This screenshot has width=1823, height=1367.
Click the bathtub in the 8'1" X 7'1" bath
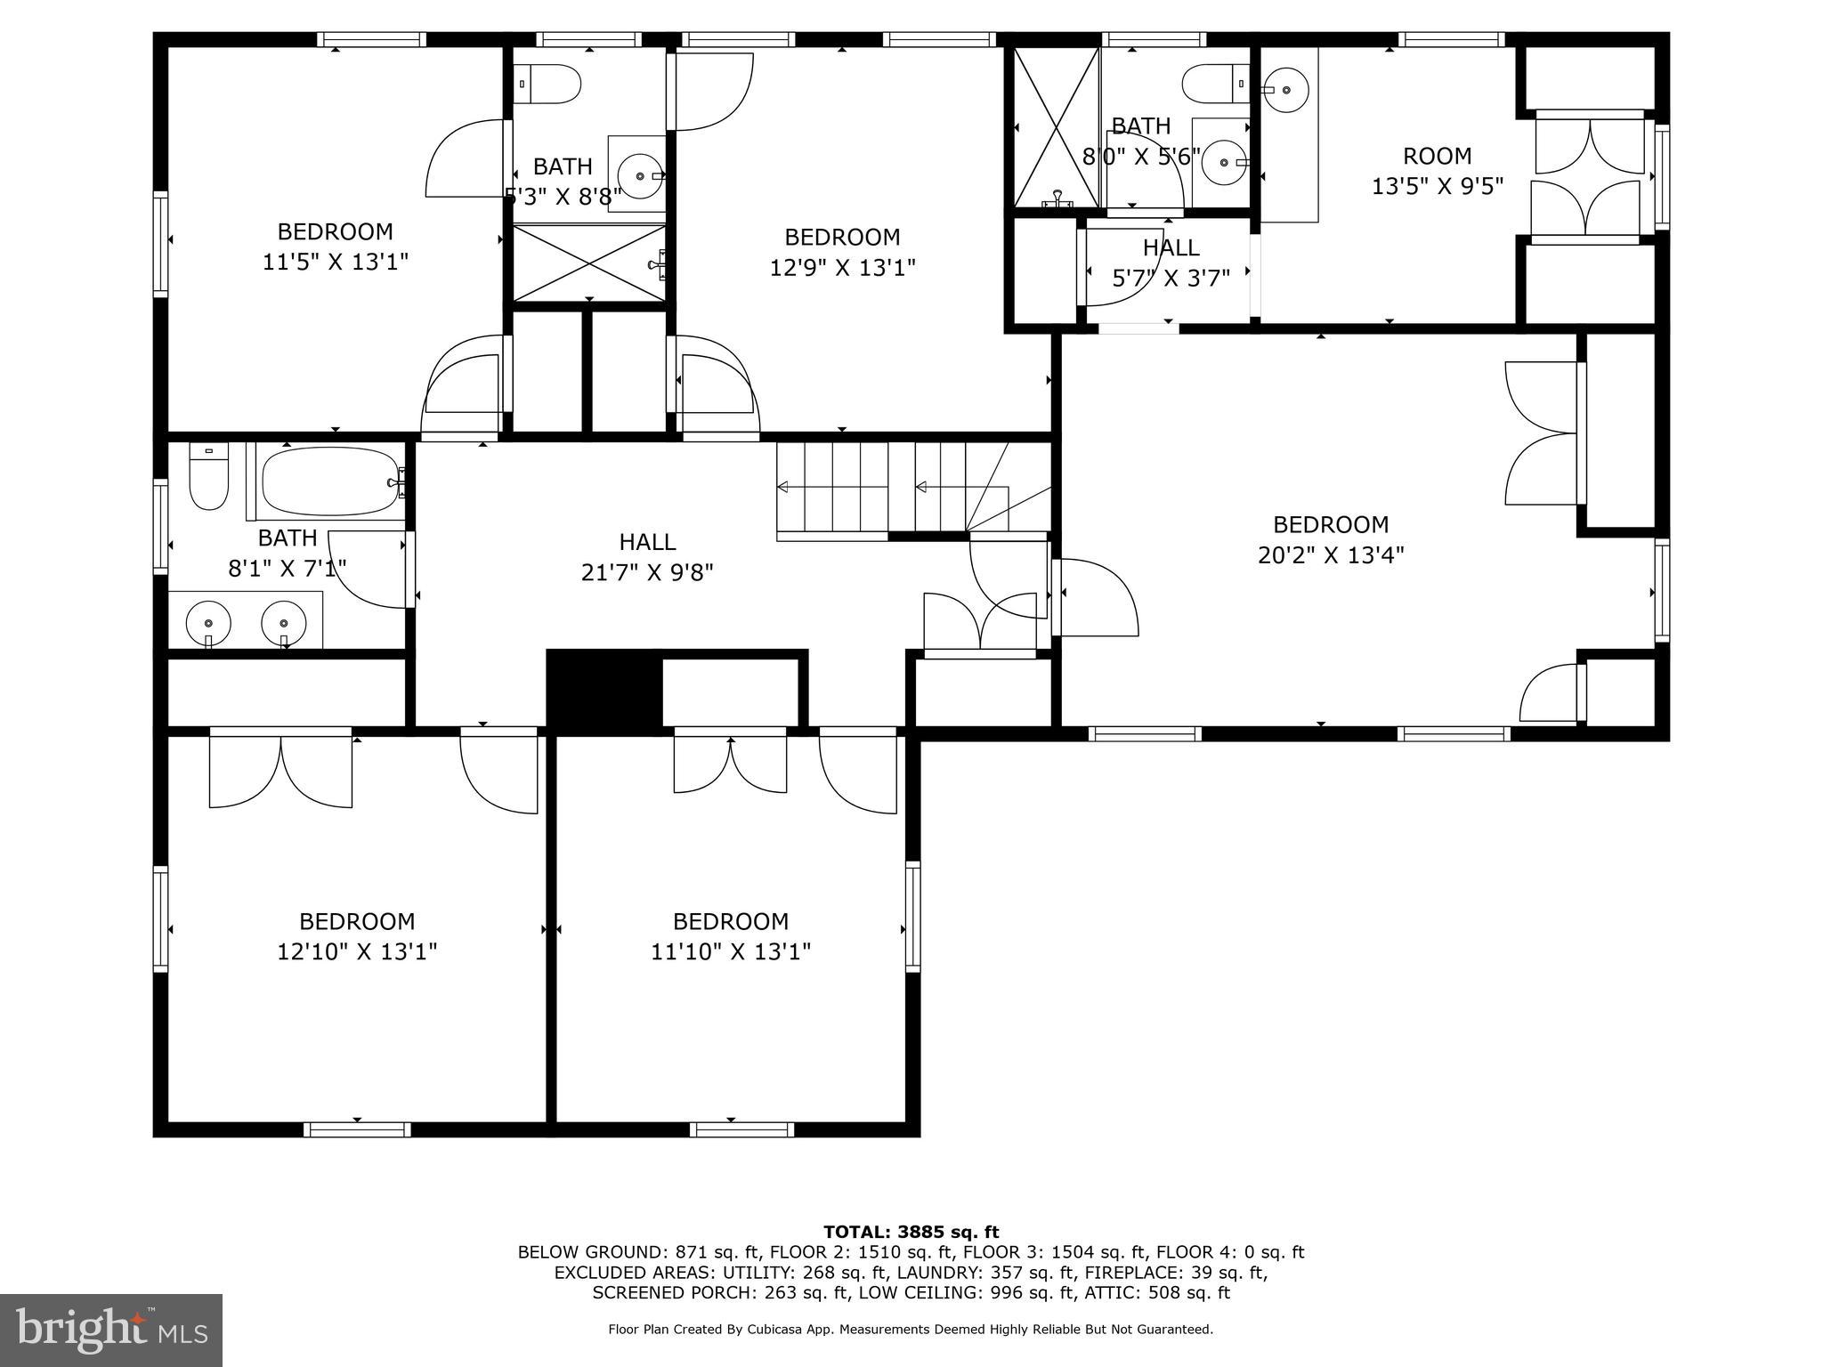click(x=330, y=481)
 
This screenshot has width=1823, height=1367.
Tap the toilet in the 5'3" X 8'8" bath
click(x=548, y=85)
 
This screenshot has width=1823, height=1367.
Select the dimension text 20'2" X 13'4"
click(x=1331, y=555)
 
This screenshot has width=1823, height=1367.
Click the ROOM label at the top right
click(x=1437, y=157)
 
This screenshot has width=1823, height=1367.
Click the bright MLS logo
click(x=111, y=1330)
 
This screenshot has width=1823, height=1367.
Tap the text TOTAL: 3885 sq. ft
click(x=911, y=1232)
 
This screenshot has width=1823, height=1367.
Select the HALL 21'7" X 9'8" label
click(x=647, y=556)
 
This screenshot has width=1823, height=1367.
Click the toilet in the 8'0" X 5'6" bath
click(x=1216, y=85)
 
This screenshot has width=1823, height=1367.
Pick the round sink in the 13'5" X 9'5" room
click(x=1285, y=90)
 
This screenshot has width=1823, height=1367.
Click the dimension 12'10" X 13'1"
click(x=357, y=951)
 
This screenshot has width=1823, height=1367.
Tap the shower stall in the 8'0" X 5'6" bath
click(x=1057, y=127)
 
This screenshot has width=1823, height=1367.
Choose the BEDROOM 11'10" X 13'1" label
click(x=731, y=935)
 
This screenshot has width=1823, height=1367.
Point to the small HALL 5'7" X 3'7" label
click(x=1171, y=263)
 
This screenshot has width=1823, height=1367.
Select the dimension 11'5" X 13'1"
click(x=335, y=262)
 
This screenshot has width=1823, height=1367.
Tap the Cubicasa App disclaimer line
click(x=911, y=1329)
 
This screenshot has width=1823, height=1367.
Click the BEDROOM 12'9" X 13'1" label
click(x=842, y=252)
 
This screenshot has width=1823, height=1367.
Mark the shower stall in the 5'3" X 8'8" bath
click(x=589, y=263)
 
